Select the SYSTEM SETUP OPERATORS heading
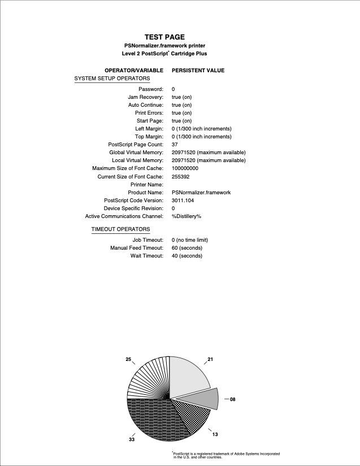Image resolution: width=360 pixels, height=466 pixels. tap(112, 78)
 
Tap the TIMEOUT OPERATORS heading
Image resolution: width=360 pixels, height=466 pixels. tap(120, 229)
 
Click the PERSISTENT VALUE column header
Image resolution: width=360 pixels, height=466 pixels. tap(198, 71)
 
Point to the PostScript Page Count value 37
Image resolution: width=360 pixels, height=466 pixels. tap(175, 145)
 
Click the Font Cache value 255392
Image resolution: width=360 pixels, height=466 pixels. tap(181, 176)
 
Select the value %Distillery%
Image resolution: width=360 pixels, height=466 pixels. tap(186, 216)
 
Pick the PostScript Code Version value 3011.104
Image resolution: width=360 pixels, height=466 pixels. tap(183, 200)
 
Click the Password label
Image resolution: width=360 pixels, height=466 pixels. tap(151, 89)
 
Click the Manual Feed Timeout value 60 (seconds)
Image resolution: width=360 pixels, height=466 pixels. tap(187, 248)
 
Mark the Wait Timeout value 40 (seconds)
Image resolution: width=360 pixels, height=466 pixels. tap(187, 256)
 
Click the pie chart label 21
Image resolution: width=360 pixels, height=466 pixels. tap(210, 359)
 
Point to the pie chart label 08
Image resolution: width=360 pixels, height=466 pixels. tap(232, 399)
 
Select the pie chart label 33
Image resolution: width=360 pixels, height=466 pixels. tap(132, 439)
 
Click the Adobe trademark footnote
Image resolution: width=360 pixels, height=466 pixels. tap(226, 455)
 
